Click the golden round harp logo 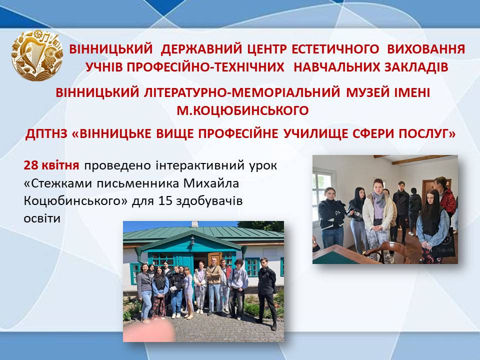point(37,55)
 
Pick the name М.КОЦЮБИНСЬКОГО point(243,110)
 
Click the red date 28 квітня point(51,165)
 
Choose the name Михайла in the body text point(211,183)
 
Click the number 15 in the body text point(165,201)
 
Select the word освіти point(42,219)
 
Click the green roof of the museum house point(203,233)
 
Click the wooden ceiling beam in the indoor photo point(422,159)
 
